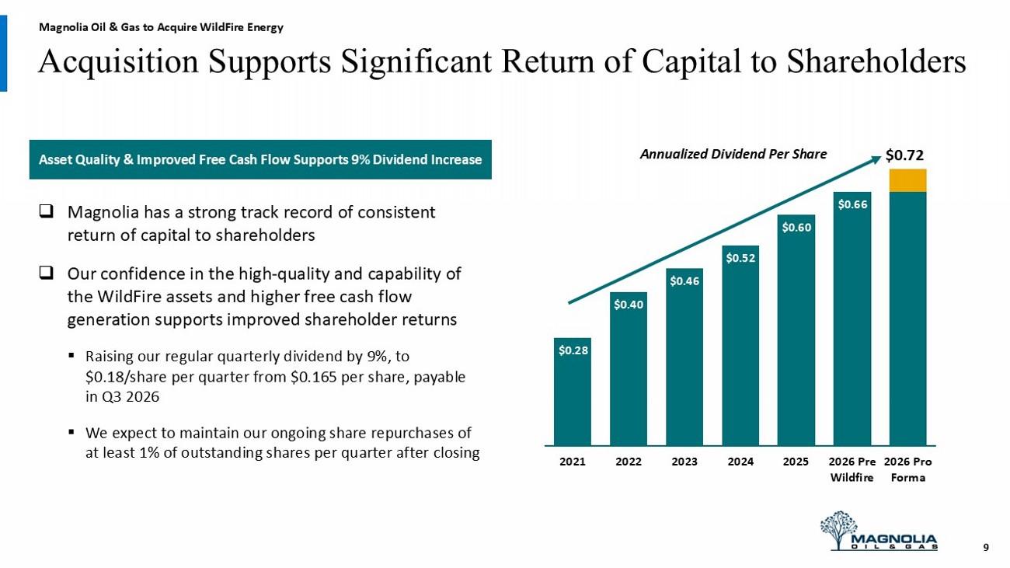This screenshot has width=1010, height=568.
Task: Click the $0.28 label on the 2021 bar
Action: (x=573, y=350)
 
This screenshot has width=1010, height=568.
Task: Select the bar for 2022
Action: (x=629, y=369)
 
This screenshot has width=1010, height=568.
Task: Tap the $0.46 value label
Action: (x=684, y=281)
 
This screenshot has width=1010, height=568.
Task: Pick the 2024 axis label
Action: (x=740, y=462)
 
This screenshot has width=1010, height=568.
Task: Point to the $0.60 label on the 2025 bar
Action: (x=796, y=228)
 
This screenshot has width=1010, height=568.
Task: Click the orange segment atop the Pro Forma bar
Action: (x=907, y=180)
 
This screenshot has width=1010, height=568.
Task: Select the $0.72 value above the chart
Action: (x=904, y=155)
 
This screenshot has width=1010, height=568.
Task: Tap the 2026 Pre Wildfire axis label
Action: (x=852, y=469)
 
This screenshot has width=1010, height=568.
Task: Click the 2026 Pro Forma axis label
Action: (x=907, y=469)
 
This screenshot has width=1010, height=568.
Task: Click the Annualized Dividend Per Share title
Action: (x=733, y=154)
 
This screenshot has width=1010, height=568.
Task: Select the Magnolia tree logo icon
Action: (x=838, y=528)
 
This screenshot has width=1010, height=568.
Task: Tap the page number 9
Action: (x=986, y=547)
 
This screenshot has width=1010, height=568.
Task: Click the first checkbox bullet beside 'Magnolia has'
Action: (x=47, y=211)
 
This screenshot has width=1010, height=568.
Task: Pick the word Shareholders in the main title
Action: (x=876, y=61)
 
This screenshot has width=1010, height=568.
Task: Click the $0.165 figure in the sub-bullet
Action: (x=311, y=376)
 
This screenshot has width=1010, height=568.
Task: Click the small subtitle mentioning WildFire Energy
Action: (x=161, y=27)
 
